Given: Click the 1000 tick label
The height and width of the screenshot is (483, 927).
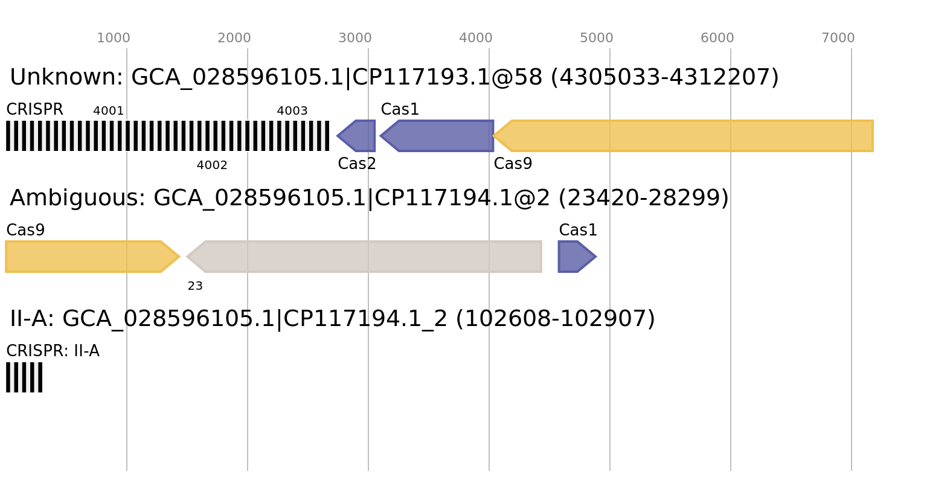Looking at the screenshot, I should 114,38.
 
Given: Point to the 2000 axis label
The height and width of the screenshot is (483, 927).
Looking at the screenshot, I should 234,38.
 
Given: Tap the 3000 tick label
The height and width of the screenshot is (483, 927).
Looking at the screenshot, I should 355,38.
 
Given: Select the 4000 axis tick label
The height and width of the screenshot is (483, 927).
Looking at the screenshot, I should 476,38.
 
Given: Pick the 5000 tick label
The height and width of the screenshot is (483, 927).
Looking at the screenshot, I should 597,38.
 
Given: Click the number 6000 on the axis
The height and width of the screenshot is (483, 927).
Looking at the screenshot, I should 717,38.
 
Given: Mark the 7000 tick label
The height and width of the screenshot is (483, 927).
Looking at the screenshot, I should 838,38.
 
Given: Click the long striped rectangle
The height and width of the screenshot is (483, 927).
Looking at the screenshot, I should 167,136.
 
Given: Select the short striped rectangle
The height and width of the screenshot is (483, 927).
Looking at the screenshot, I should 24,377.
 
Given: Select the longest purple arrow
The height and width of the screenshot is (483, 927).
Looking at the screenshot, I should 437,136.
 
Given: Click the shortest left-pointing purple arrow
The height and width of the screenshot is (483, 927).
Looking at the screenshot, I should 357,136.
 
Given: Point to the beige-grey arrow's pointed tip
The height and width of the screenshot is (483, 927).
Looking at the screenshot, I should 187,257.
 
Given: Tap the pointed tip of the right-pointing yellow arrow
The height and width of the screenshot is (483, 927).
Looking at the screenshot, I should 180,257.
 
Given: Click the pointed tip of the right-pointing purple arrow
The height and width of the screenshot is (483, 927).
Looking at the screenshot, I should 597,257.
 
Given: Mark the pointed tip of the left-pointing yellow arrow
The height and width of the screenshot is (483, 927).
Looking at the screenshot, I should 493,136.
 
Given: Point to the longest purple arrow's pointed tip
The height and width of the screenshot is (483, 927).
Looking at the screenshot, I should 380,136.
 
